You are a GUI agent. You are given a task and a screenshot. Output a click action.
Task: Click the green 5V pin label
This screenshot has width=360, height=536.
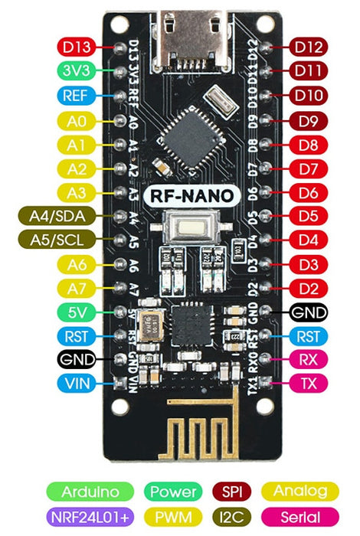click(x=77, y=312)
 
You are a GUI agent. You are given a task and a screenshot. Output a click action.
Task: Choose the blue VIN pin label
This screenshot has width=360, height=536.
click(x=77, y=384)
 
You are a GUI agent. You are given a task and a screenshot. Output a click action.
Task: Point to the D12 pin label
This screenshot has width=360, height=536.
click(x=309, y=47)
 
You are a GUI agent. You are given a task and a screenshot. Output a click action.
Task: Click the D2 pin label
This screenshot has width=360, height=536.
click(x=309, y=289)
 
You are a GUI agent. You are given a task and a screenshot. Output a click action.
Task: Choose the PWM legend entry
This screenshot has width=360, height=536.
click(x=174, y=515)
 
